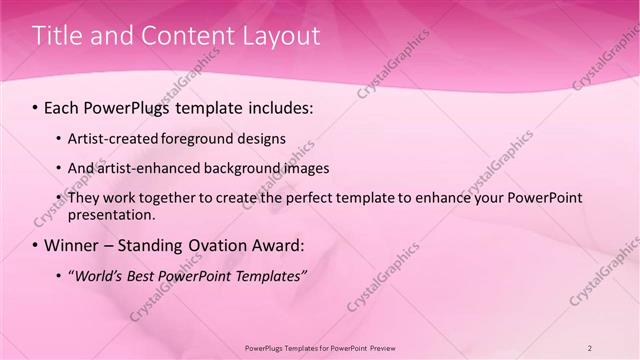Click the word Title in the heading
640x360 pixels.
59,36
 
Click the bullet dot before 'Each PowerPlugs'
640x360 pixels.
36,105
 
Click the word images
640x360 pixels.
305,168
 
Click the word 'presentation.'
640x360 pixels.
111,214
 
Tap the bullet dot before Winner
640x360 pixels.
36,245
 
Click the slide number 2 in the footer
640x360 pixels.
590,347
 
